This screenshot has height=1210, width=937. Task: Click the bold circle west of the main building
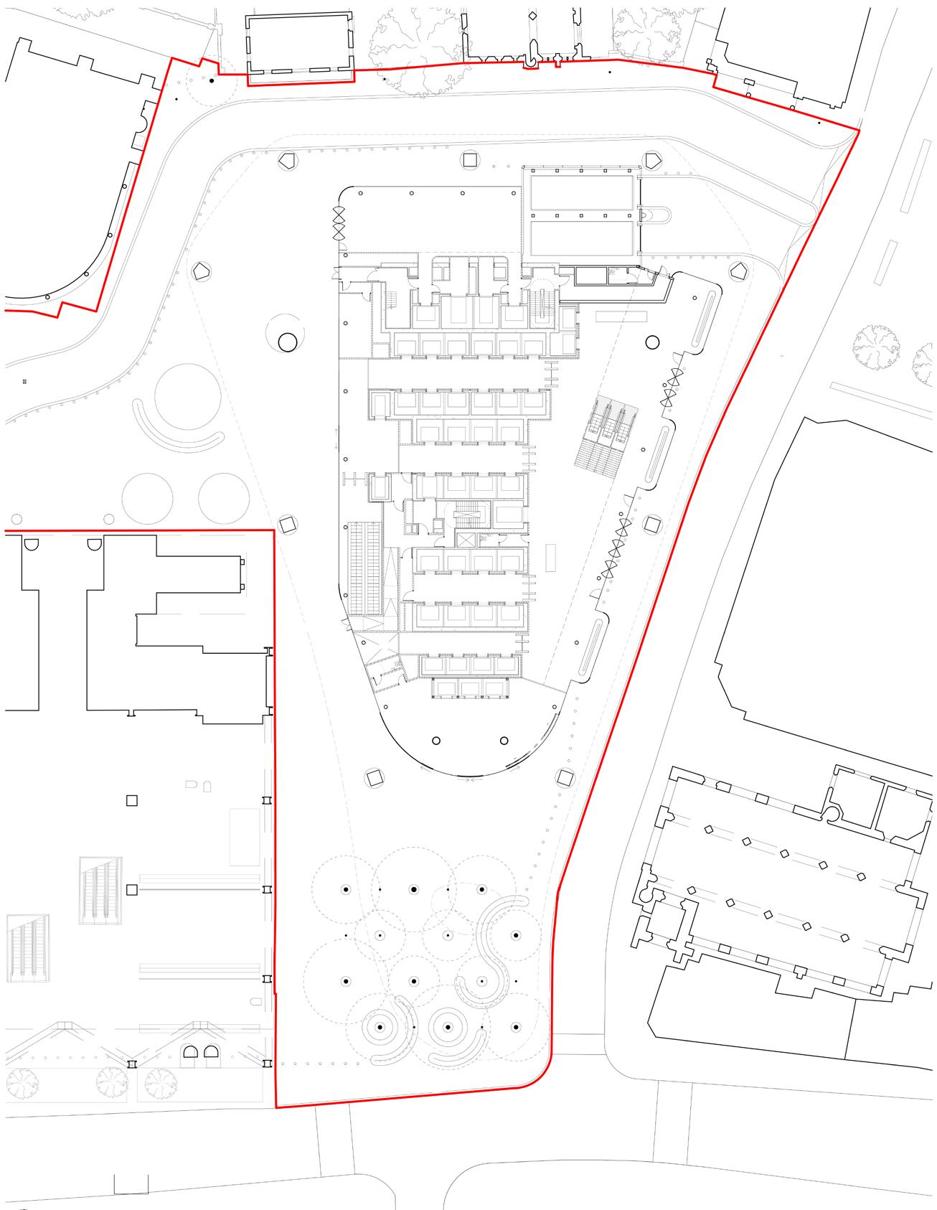pyautogui.click(x=287, y=342)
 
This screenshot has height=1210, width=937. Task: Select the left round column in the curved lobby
pyautogui.click(x=436, y=741)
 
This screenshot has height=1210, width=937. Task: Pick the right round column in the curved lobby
pyautogui.click(x=504, y=741)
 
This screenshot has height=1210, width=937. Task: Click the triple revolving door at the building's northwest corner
pyautogui.click(x=339, y=222)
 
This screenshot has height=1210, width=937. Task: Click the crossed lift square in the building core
pyautogui.click(x=466, y=540)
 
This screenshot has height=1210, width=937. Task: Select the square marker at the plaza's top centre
pyautogui.click(x=471, y=159)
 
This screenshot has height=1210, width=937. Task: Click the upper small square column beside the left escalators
pyautogui.click(x=131, y=800)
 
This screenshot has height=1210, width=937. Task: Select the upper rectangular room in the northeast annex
pyautogui.click(x=581, y=193)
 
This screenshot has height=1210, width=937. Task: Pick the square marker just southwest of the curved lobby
pyautogui.click(x=375, y=777)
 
